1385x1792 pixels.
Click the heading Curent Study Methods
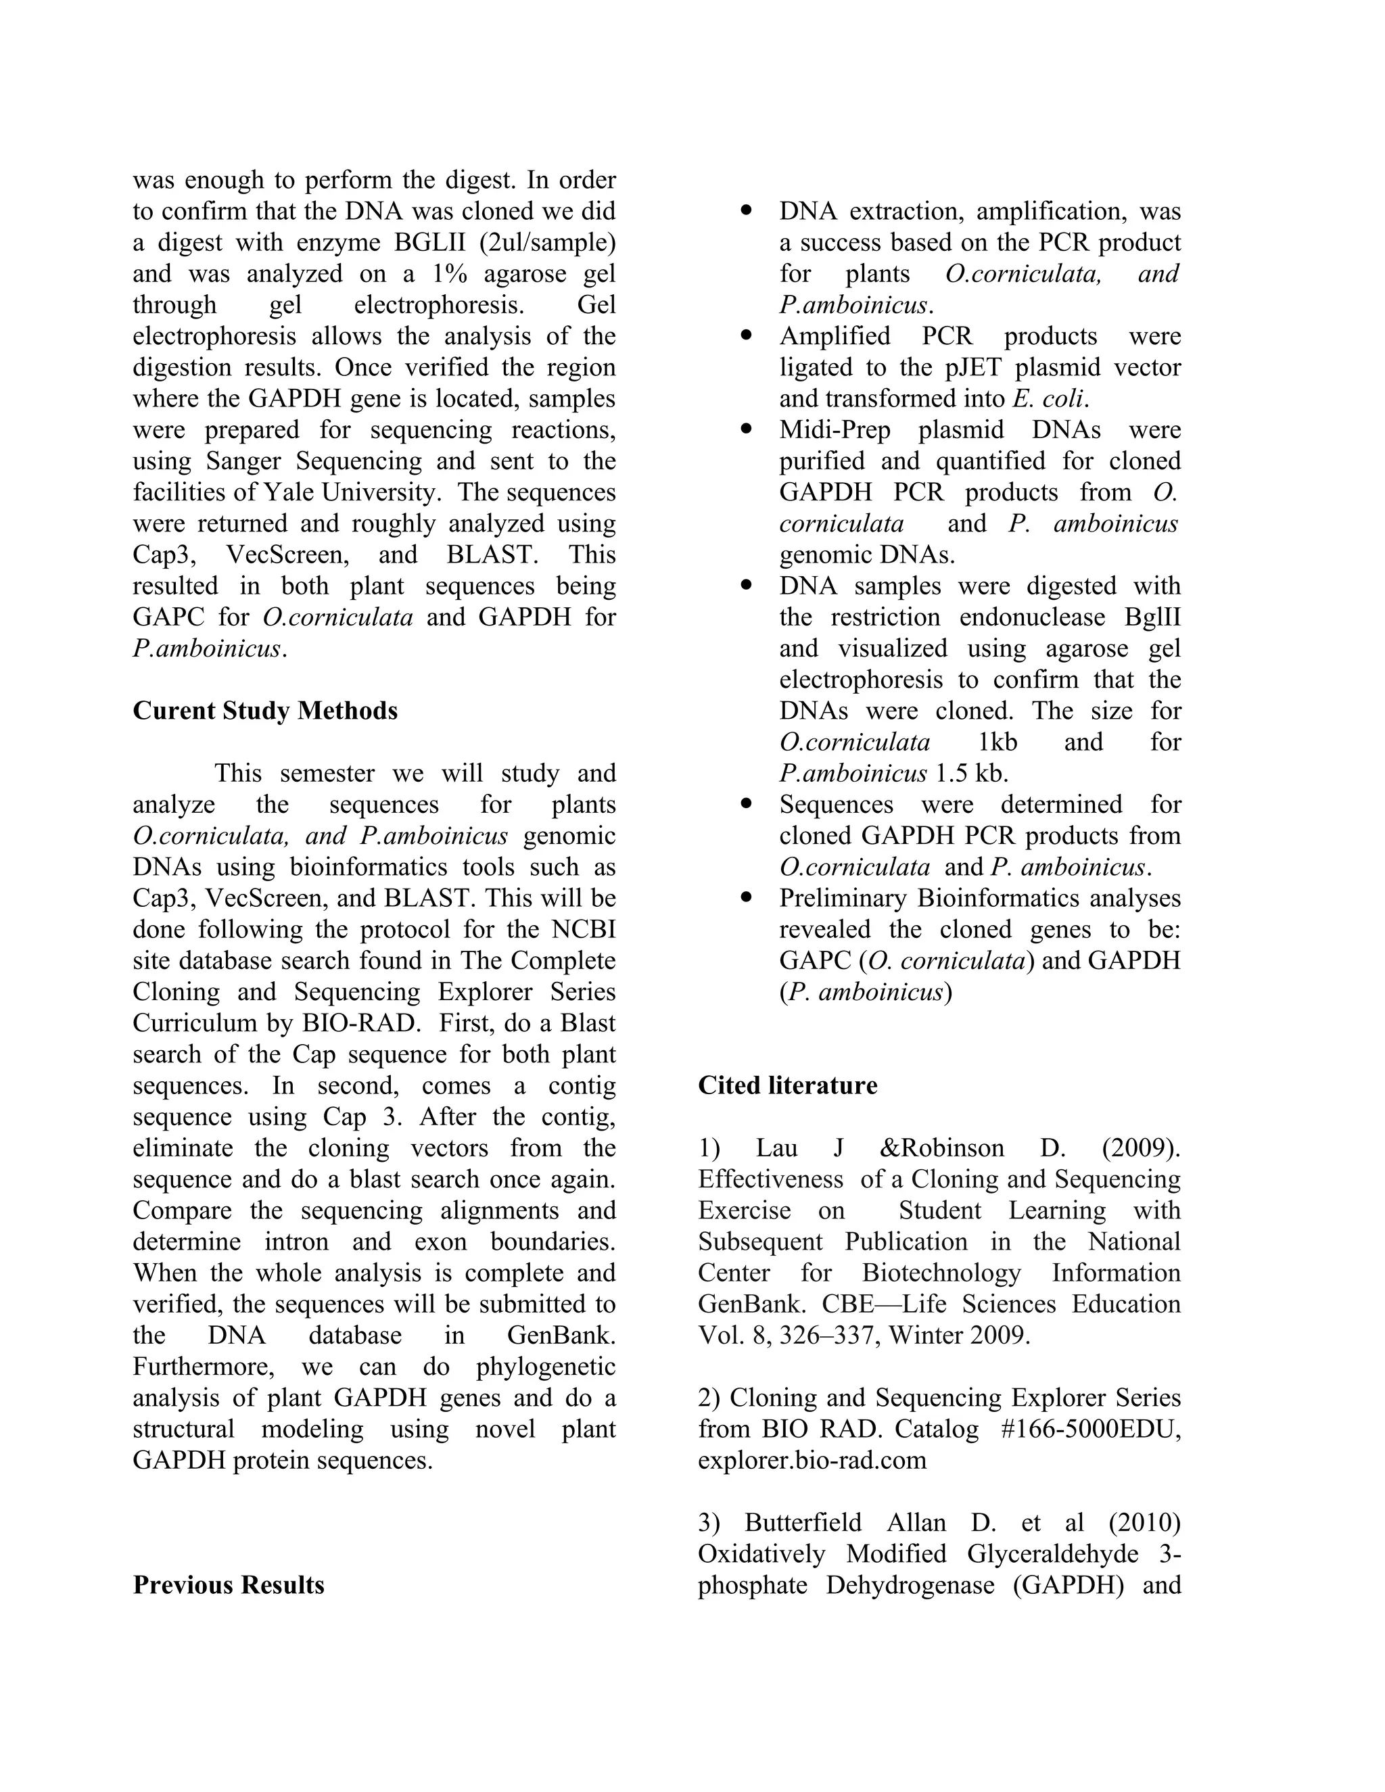(x=265, y=711)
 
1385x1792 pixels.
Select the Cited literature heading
(x=787, y=1085)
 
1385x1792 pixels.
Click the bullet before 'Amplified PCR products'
(x=746, y=335)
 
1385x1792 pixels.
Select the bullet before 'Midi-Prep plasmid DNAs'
(x=746, y=429)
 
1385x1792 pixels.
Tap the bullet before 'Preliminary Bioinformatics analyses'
(x=746, y=897)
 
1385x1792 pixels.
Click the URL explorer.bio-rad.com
(x=812, y=1461)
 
